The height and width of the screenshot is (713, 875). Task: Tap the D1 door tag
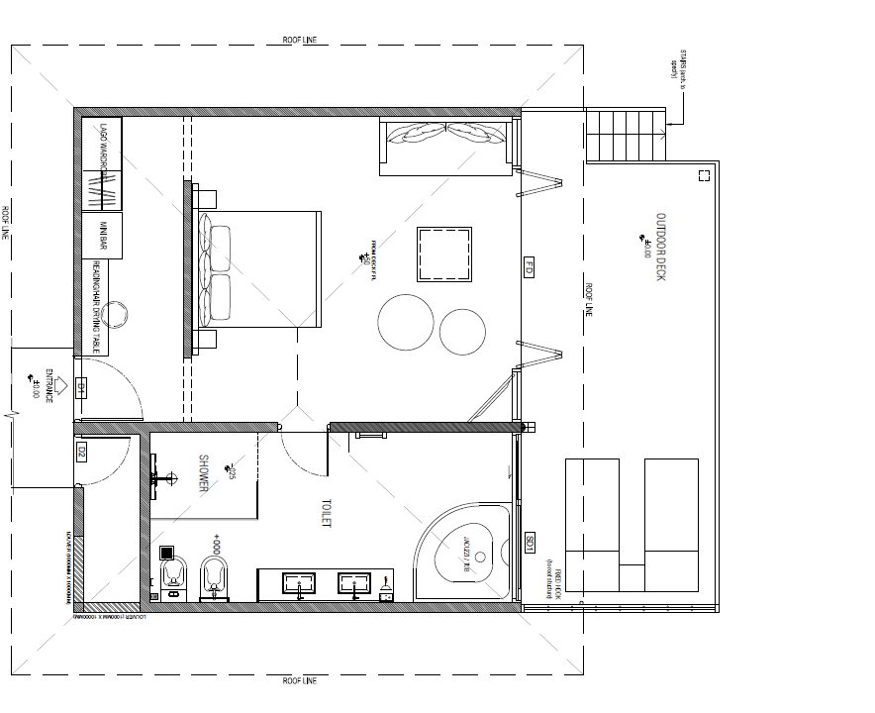pos(82,387)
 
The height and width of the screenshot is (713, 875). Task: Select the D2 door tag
pos(81,453)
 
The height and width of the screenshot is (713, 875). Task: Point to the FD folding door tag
pos(529,267)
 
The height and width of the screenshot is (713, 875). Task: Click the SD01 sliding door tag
pos(530,543)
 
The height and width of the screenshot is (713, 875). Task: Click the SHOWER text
pos(204,473)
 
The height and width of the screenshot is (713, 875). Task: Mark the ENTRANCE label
pos(48,386)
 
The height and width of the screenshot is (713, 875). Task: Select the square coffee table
pos(444,255)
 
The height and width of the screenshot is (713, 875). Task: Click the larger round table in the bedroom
pos(406,322)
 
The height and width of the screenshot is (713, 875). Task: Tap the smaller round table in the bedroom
pos(461,332)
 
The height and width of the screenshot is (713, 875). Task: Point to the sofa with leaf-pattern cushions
pos(446,147)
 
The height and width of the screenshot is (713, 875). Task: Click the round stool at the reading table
pos(116,313)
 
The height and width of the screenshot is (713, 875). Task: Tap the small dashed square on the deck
pos(704,175)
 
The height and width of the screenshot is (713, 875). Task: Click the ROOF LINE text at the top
pos(299,41)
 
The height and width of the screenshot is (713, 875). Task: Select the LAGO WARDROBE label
pos(102,146)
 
